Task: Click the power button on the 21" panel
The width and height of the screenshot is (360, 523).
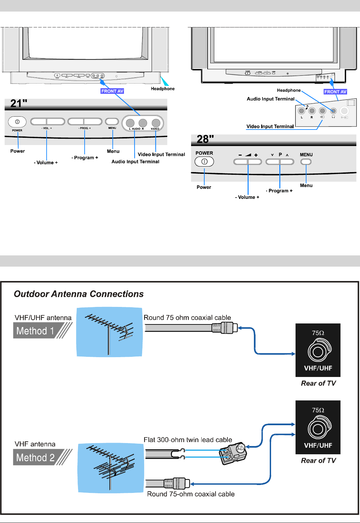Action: point(17,122)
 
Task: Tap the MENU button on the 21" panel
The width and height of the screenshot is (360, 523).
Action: point(112,122)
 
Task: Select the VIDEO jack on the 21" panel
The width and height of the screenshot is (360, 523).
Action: point(156,123)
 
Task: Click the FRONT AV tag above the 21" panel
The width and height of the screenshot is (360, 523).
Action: point(112,91)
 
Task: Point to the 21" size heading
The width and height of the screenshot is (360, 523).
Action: point(19,104)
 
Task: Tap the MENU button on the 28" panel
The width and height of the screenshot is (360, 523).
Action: point(306,162)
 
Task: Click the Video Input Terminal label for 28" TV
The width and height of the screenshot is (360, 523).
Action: point(270,127)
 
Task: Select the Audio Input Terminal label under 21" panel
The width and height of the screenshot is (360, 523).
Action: point(135,162)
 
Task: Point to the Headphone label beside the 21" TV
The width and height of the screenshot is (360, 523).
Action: point(163,89)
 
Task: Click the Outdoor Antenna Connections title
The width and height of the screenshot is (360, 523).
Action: point(79,294)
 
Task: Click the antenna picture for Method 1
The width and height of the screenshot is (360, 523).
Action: point(109,332)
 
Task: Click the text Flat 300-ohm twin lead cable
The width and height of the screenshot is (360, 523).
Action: point(188,440)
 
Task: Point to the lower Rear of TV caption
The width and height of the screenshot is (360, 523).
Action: point(318,461)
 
